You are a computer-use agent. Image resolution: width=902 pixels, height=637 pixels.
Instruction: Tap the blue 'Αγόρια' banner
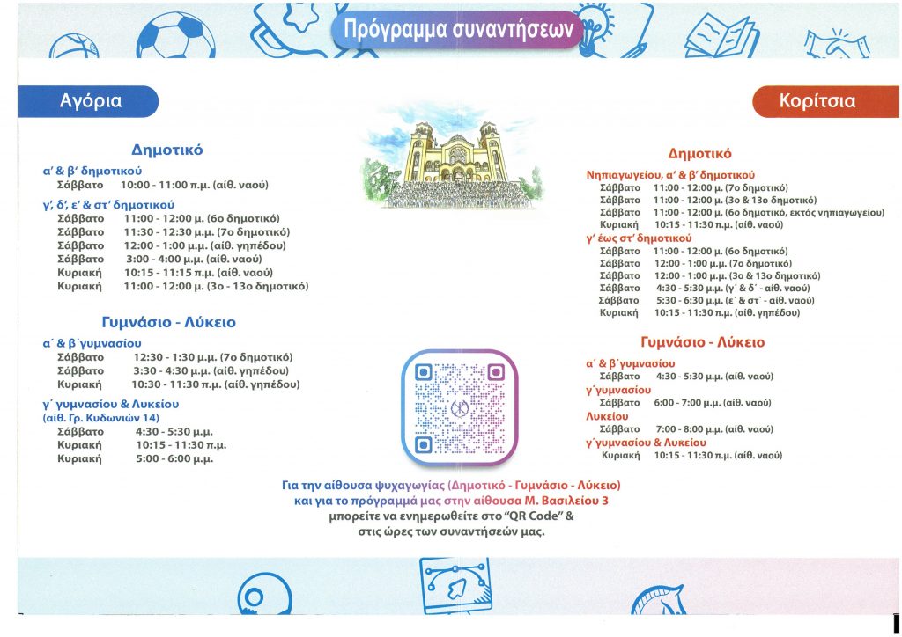click(x=91, y=101)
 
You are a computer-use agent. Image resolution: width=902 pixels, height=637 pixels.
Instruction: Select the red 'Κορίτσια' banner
click(x=817, y=101)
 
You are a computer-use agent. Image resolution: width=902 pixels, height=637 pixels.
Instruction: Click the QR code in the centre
click(x=459, y=407)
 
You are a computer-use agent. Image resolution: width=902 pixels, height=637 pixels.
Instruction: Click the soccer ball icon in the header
click(x=175, y=35)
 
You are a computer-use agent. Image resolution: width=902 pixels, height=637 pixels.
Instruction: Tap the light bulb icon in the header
click(x=594, y=26)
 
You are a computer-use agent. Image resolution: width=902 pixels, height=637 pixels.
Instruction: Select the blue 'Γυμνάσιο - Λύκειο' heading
click(x=168, y=322)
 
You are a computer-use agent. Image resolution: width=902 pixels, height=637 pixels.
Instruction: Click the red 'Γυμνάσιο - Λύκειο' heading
click(x=702, y=342)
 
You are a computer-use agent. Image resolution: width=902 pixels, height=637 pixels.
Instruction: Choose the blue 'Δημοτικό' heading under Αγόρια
click(x=167, y=150)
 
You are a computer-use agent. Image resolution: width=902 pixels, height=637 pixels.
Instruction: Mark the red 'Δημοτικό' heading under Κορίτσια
click(x=700, y=153)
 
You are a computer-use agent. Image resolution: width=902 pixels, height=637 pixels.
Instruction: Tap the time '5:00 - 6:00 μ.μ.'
click(x=174, y=458)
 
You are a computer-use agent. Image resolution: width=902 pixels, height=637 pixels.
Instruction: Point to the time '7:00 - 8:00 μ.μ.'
click(x=684, y=428)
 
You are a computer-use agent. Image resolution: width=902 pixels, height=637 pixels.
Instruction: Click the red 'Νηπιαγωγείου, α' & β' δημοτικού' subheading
click(x=670, y=175)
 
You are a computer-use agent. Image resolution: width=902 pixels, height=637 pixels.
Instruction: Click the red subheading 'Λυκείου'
click(x=607, y=416)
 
